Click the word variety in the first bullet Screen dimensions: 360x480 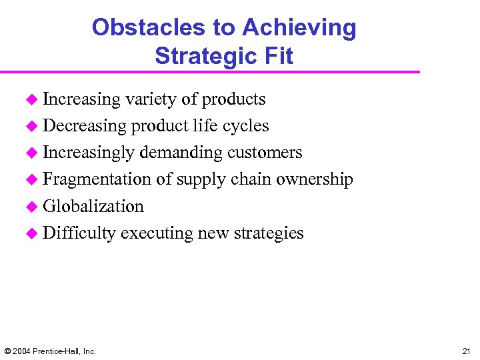pyautogui.click(x=151, y=99)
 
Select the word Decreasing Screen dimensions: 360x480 pyautogui.click(x=85, y=126)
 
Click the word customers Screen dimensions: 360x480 pyautogui.click(x=265, y=153)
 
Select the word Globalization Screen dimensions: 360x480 pyautogui.click(x=93, y=206)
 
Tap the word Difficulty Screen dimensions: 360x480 pyautogui.click(x=80, y=233)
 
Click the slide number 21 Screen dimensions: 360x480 pyautogui.click(x=465, y=351)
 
